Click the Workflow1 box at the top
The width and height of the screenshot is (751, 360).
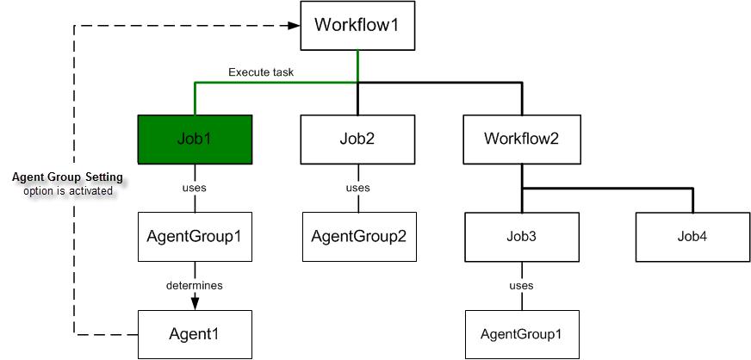(x=357, y=26)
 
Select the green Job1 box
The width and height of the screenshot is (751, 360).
(x=195, y=139)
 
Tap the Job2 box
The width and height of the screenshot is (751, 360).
(x=357, y=139)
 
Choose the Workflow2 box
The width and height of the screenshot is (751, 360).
(x=521, y=139)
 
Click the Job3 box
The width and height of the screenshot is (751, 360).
(x=521, y=236)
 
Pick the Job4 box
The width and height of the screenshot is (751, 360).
(x=692, y=236)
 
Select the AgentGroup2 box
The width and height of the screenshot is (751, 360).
(x=357, y=237)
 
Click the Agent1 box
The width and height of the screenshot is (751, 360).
(x=195, y=333)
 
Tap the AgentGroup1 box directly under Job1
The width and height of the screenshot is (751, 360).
(x=195, y=237)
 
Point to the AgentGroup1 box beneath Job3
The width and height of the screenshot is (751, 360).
(x=521, y=333)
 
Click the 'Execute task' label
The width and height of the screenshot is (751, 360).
(x=261, y=72)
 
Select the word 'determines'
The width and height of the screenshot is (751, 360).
(x=195, y=284)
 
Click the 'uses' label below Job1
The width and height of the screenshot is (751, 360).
(x=195, y=188)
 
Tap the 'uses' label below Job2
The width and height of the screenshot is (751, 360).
(x=357, y=188)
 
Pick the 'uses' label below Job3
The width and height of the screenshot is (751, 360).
(x=521, y=285)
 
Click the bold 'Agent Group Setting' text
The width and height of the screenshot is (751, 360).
(x=67, y=177)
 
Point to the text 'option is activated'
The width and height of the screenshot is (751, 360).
(x=68, y=190)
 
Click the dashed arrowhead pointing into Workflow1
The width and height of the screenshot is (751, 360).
(x=292, y=26)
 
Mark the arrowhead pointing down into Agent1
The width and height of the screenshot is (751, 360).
(x=195, y=302)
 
